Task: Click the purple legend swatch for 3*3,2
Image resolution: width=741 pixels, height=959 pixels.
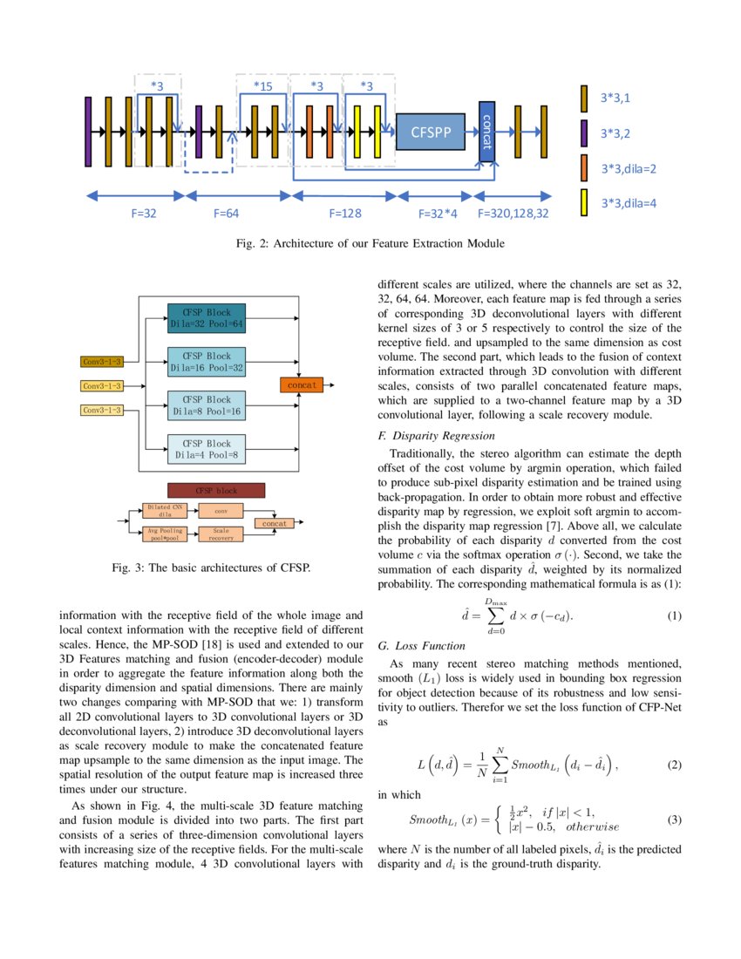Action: pos(584,133)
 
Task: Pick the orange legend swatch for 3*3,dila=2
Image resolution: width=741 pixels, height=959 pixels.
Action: pos(584,167)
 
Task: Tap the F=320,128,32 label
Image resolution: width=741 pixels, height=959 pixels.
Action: pos(513,213)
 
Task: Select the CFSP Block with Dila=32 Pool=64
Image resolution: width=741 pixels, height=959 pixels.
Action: pos(207,317)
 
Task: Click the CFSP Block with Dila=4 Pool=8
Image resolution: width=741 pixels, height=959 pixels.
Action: pos(207,448)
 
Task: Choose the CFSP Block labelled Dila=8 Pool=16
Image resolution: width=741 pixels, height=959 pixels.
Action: pos(207,405)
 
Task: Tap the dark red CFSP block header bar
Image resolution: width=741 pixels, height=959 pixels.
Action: pos(215,490)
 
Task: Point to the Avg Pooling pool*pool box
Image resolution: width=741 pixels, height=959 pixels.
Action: pos(166,534)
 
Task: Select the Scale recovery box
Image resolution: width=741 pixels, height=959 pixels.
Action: pos(221,534)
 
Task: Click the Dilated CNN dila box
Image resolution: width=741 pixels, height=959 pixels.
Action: pos(166,510)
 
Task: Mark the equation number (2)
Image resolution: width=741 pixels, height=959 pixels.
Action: pos(674,765)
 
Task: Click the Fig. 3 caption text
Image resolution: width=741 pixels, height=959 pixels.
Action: pos(211,568)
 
